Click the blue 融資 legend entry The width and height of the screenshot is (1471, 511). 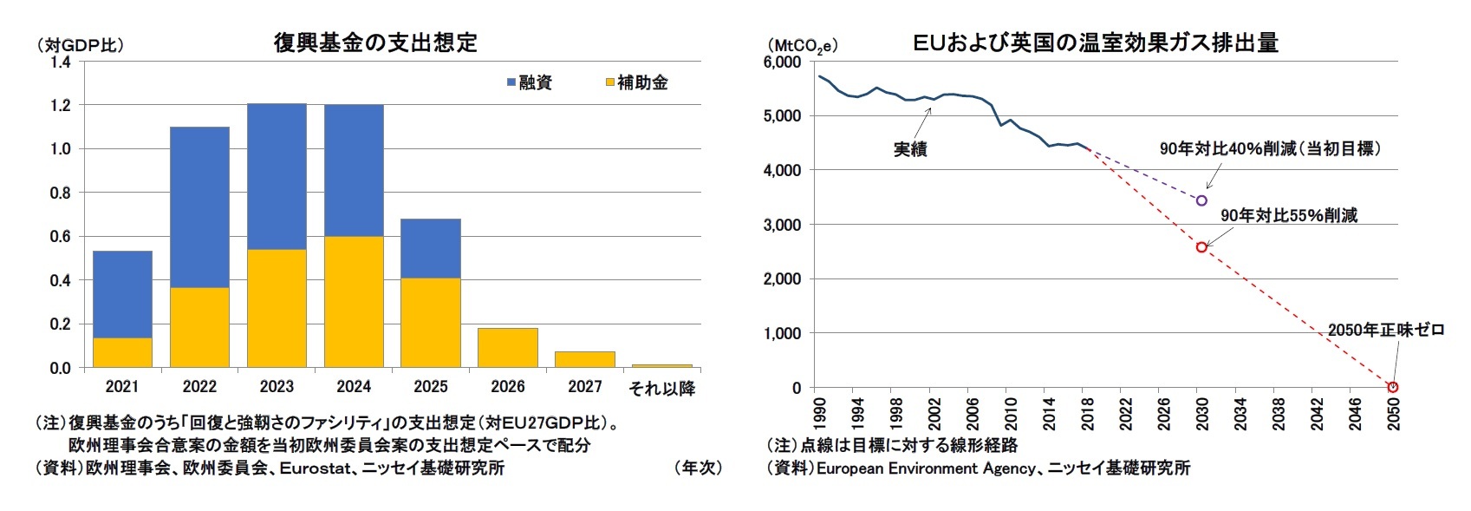click(530, 82)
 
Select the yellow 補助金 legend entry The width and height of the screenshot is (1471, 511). click(636, 82)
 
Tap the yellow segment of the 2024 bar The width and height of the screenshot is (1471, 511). click(354, 301)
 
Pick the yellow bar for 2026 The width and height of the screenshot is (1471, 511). click(508, 348)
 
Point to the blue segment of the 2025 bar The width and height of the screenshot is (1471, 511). click(431, 248)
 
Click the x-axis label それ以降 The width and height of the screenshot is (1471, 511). click(661, 388)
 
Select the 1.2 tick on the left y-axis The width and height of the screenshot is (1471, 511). click(60, 105)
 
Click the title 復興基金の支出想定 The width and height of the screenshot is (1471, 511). click(375, 43)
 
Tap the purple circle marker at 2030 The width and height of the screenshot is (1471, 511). click(1201, 200)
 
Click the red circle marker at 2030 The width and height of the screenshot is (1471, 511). click(1201, 247)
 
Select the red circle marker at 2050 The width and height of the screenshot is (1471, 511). click(1393, 387)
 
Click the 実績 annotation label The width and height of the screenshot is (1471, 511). click(910, 149)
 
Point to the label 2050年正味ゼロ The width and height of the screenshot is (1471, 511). click(1385, 330)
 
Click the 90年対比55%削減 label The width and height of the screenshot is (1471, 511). click(1289, 215)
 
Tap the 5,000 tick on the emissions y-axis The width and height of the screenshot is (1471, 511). click(782, 116)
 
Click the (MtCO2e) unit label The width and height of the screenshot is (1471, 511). click(802, 45)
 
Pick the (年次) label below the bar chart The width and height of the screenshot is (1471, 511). click(698, 468)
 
